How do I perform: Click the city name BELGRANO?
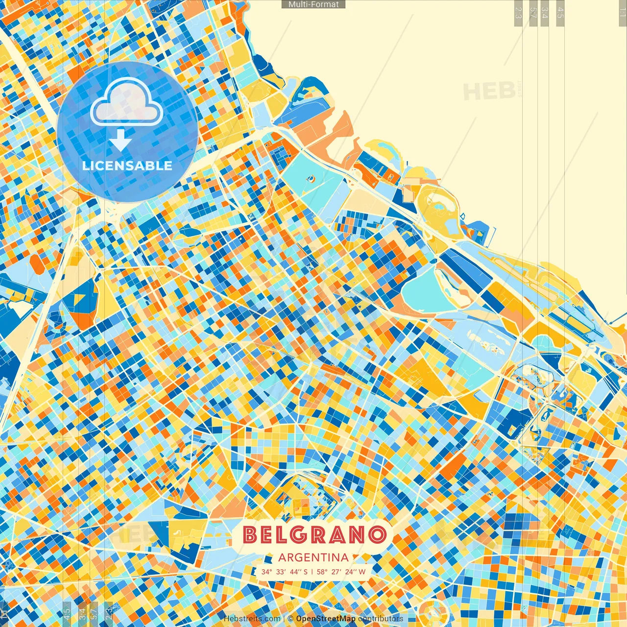click(x=314, y=535)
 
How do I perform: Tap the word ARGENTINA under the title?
click(x=313, y=557)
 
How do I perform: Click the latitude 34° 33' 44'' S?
click(x=285, y=572)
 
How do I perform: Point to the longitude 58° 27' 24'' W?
click(x=341, y=572)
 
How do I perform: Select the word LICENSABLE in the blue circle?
click(x=127, y=166)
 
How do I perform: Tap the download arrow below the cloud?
click(x=120, y=140)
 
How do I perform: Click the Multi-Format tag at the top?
click(x=313, y=4)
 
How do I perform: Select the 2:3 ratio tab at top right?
click(x=518, y=13)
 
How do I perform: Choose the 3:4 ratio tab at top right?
click(x=545, y=13)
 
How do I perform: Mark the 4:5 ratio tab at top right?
click(x=560, y=13)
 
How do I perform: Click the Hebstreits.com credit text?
click(x=252, y=619)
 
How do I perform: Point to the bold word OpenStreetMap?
click(x=326, y=619)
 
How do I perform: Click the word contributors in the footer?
click(x=381, y=619)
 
